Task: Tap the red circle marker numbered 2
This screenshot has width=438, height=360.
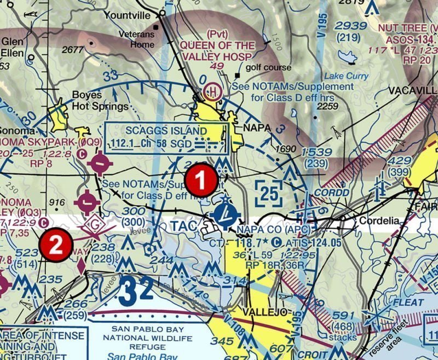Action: [56, 245]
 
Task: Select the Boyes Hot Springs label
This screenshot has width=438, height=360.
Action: [101, 100]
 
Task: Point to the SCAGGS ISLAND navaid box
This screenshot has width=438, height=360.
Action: [166, 137]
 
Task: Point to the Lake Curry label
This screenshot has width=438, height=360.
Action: [346, 76]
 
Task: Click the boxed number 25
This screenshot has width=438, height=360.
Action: [269, 194]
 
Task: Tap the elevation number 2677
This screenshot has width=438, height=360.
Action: [73, 50]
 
